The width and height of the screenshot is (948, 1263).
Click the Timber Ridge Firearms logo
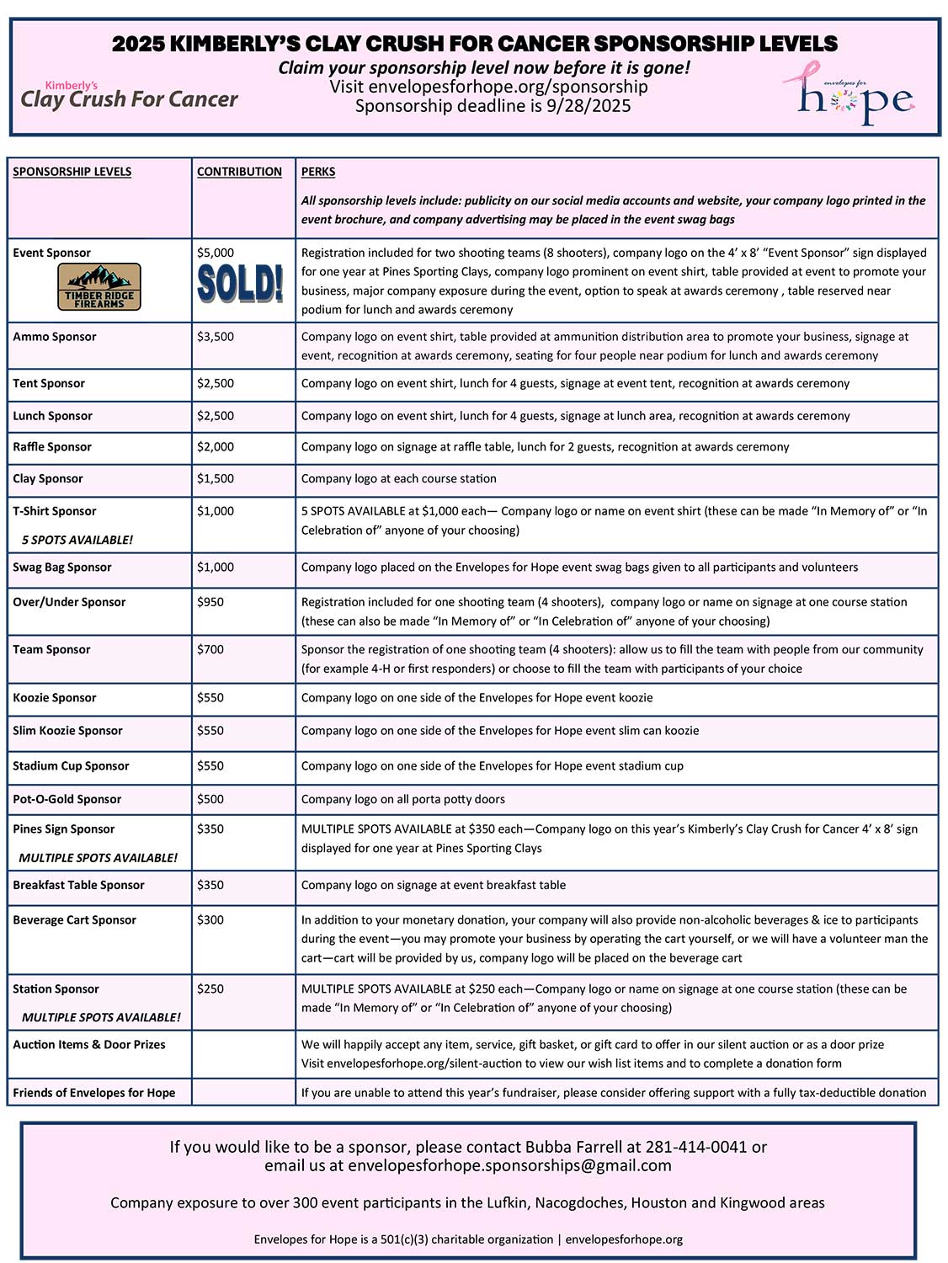(99, 287)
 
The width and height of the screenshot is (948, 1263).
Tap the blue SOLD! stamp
(240, 284)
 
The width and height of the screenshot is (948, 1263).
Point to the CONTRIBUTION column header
(239, 172)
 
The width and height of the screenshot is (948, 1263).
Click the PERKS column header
(318, 172)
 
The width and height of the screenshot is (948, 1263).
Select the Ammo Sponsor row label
(55, 337)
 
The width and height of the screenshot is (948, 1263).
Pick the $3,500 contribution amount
(216, 337)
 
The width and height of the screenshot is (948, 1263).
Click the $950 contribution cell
(210, 602)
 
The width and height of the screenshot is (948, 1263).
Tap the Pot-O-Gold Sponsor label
(67, 799)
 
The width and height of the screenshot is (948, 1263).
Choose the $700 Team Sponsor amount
(210, 649)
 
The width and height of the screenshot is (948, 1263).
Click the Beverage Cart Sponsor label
(74, 920)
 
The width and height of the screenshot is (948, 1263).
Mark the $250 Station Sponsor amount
(210, 989)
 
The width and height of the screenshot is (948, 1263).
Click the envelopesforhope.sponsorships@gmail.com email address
(509, 1166)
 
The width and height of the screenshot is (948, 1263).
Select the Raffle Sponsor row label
(52, 447)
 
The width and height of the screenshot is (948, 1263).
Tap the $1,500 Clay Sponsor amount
(216, 478)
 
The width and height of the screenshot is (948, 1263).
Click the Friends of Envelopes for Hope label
(94, 1093)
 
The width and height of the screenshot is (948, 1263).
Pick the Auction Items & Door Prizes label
(89, 1045)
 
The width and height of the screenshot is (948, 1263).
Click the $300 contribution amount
(210, 920)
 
